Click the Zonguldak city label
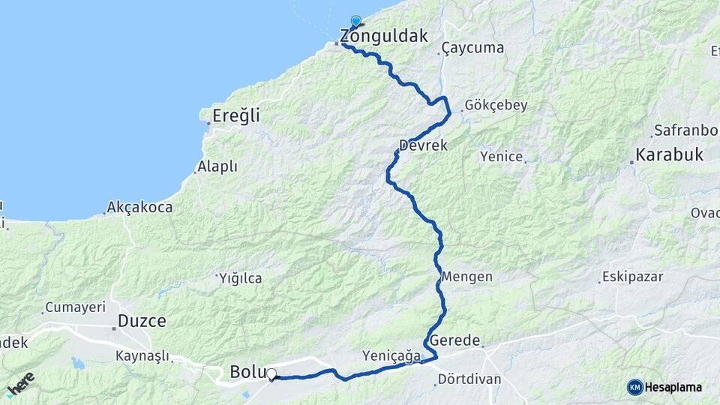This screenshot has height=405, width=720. tap(384, 36)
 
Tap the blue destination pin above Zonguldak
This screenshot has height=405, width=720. tap(355, 22)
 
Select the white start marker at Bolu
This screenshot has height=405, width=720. tap(271, 373)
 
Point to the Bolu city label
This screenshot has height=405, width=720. tap(244, 371)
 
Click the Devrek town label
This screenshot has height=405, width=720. tap(424, 145)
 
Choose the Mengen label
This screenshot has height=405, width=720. tap(466, 276)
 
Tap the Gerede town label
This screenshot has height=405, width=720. tap(454, 340)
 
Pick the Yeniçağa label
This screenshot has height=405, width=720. tap(391, 356)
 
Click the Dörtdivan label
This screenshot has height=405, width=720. tap(470, 379)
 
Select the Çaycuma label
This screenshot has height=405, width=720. tap(472, 48)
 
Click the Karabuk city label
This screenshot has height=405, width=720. tap(669, 155)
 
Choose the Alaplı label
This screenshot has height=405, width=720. tap(217, 166)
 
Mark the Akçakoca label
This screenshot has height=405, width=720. tap(139, 207)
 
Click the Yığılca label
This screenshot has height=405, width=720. tap(241, 278)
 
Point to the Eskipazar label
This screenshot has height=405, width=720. tap(634, 277)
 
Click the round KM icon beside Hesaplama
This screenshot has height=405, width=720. tap(635, 387)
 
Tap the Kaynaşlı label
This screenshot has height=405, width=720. tap(142, 356)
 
